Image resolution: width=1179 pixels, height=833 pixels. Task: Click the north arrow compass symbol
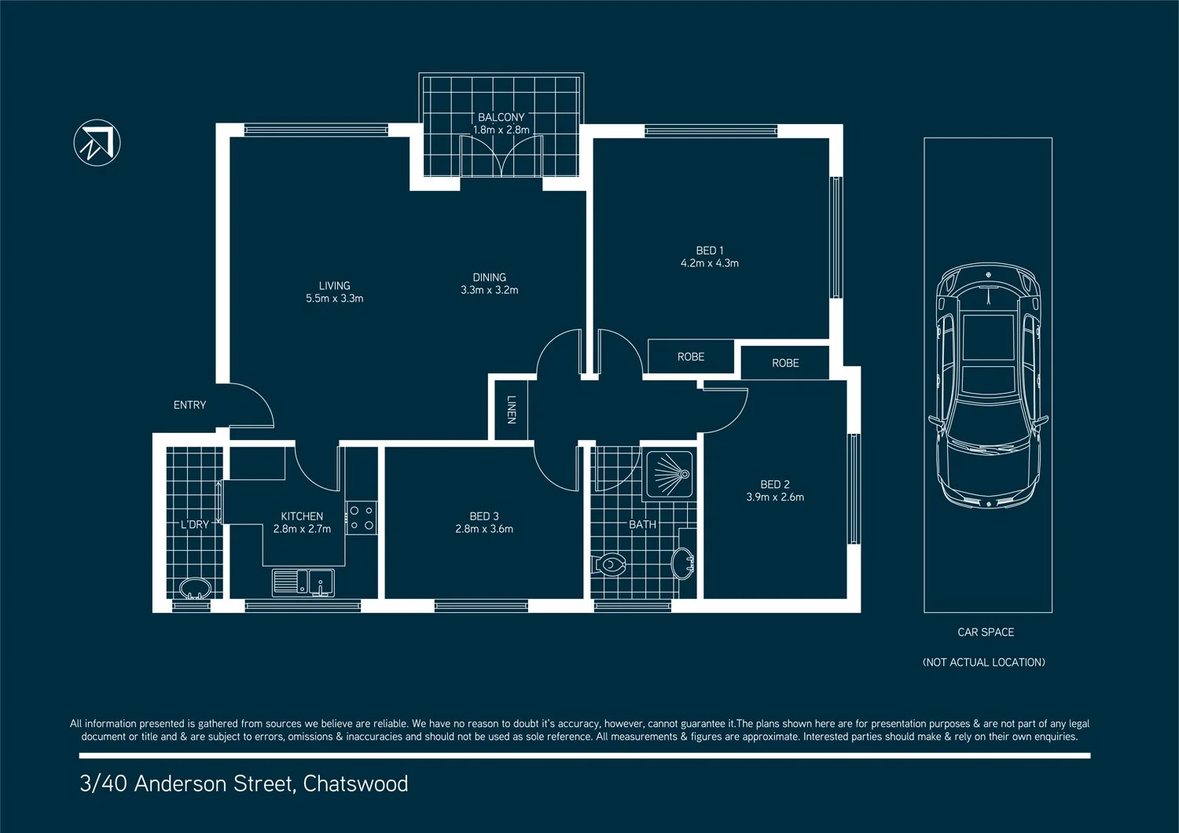coord(97,143)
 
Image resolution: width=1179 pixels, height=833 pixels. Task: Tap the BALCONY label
coord(501,117)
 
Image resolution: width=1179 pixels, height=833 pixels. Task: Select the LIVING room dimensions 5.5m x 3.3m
coord(334,299)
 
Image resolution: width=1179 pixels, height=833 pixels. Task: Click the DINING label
coord(489,277)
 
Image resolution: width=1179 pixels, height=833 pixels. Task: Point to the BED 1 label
coord(709,251)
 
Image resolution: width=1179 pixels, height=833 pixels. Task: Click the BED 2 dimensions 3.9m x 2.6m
coord(774,497)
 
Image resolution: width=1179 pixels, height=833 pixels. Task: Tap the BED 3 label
coord(483,516)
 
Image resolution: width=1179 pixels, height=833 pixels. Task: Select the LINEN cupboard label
coord(511,409)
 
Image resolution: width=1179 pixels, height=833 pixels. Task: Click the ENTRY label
coord(189,405)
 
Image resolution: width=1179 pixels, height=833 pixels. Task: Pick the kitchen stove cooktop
coord(362,518)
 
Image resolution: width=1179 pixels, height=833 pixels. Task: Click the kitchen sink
coord(303,583)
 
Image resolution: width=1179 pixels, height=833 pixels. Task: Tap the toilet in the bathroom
coord(609,564)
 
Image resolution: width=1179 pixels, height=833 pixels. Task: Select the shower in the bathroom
coord(669,475)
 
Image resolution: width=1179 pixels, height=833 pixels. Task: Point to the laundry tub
coord(194,588)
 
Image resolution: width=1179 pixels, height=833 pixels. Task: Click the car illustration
coord(987,385)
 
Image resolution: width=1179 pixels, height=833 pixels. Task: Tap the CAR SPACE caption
coord(986,632)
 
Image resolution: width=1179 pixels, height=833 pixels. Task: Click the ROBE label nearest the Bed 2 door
coord(784,363)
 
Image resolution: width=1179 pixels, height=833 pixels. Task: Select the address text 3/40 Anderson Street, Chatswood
coord(244,783)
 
